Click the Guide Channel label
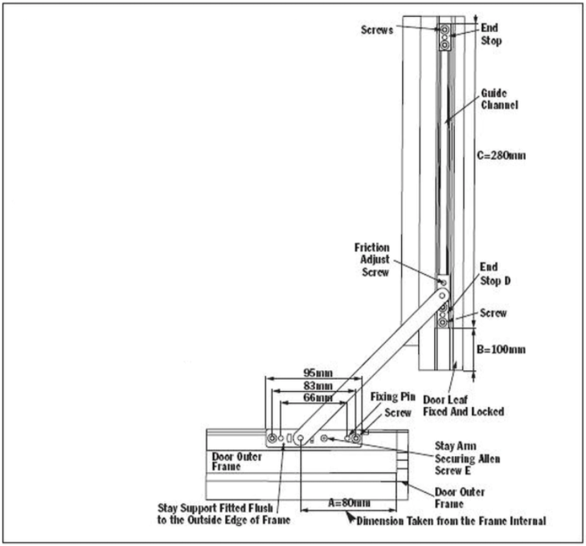point(501,99)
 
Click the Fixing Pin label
point(392,397)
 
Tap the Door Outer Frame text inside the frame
point(234,461)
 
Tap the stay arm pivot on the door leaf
point(443,283)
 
